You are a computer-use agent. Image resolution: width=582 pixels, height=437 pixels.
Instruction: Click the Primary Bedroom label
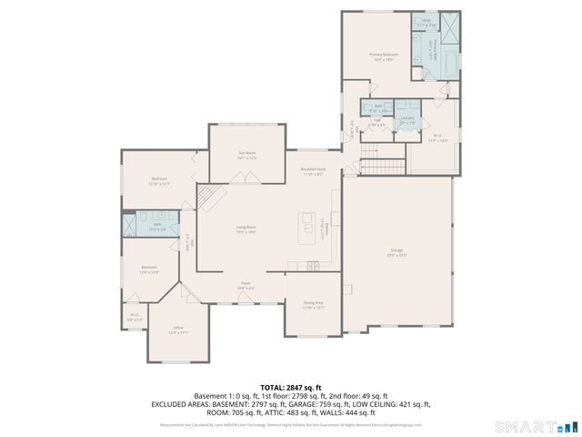(x=382, y=57)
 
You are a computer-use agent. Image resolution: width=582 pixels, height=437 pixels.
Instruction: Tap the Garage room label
(x=396, y=253)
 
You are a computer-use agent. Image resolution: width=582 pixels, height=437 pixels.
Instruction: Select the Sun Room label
(x=247, y=156)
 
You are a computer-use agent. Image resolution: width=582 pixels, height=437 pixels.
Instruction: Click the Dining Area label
(x=313, y=305)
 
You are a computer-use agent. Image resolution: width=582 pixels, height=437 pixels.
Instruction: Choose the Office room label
(x=178, y=330)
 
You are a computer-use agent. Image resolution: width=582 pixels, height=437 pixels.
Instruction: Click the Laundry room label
(x=407, y=119)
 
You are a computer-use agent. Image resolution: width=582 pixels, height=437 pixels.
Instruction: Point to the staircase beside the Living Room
(x=210, y=195)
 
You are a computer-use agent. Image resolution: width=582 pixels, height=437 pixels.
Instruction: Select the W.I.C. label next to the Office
(x=135, y=317)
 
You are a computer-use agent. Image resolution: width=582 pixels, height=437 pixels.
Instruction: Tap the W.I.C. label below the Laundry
(x=438, y=139)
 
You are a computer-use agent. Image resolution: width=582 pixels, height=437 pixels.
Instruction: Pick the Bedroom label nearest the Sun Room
(x=159, y=179)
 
